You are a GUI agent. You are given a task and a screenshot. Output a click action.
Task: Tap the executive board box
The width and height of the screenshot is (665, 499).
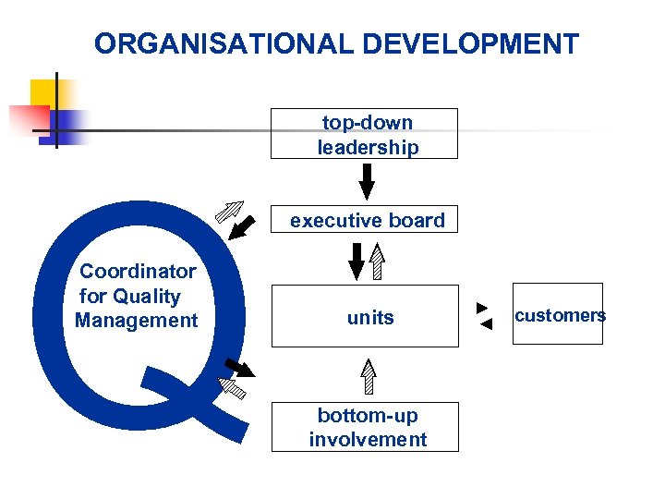(x=367, y=220)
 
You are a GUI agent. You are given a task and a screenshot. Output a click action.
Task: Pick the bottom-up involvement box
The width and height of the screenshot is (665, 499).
(x=367, y=427)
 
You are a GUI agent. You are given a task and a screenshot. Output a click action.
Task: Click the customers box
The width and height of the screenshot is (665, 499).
(x=557, y=314)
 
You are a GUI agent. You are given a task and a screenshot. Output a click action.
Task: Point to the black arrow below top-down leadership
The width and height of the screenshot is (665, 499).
(x=367, y=181)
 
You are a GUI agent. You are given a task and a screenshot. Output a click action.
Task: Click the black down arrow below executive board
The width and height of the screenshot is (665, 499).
(x=357, y=262)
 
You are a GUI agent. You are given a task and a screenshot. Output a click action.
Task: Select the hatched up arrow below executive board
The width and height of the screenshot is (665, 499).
(x=378, y=262)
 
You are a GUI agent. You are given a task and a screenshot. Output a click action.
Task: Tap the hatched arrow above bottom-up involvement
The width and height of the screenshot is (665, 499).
(x=369, y=378)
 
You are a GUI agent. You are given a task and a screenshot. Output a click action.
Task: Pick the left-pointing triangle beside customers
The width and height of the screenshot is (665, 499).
(x=487, y=323)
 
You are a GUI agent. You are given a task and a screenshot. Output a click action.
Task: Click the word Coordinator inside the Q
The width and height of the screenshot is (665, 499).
(x=138, y=272)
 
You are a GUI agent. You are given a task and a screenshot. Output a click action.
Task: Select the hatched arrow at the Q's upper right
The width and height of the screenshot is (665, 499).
(x=228, y=211)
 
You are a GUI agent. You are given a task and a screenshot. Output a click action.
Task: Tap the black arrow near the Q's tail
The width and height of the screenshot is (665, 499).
(x=240, y=368)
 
